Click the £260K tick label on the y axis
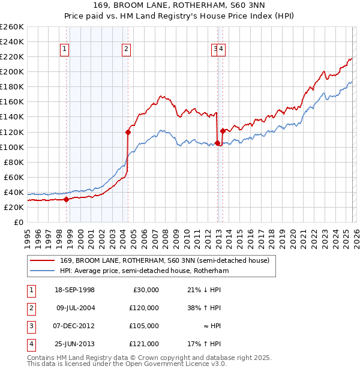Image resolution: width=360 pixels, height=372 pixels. (11, 27)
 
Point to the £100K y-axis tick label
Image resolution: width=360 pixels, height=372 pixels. (11, 147)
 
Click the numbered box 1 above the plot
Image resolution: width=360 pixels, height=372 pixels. (64, 50)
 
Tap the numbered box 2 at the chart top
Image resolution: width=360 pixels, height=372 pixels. (127, 50)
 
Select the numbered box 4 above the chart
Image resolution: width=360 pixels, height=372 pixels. (221, 50)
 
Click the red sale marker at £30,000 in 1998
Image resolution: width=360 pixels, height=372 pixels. (66, 200)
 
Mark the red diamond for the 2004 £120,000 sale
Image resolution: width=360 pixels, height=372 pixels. (128, 132)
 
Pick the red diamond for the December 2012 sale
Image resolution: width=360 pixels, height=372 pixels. (217, 143)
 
